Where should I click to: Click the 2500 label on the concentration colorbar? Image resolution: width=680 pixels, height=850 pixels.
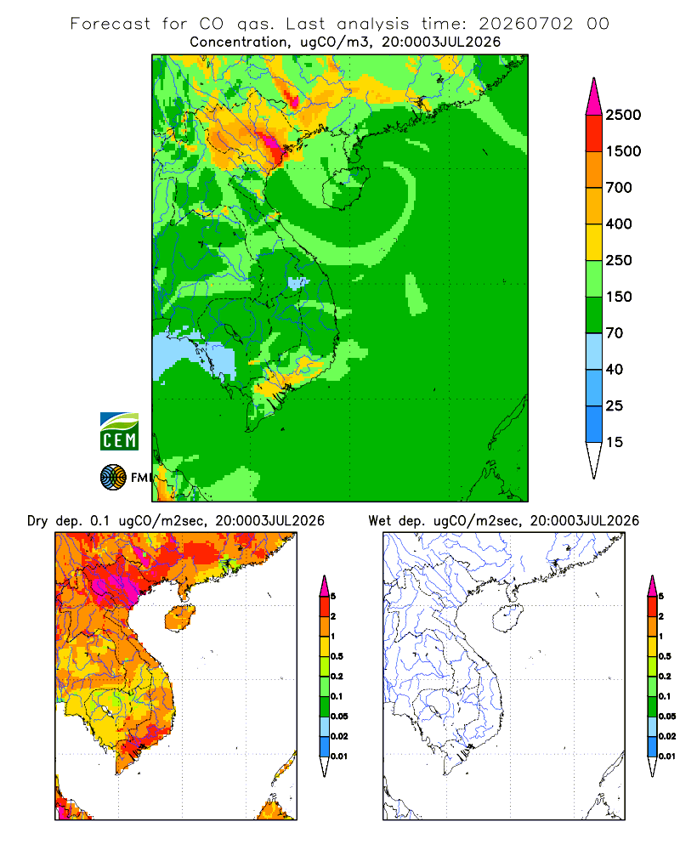[x=623, y=115]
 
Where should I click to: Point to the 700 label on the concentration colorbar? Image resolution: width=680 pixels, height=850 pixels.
[x=619, y=188]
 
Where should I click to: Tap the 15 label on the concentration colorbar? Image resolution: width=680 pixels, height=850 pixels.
[x=615, y=442]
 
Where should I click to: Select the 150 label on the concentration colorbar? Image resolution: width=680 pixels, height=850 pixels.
[x=619, y=297]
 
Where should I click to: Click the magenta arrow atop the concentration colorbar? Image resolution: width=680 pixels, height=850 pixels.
[x=594, y=98]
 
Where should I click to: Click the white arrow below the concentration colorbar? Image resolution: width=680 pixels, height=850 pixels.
[x=594, y=458]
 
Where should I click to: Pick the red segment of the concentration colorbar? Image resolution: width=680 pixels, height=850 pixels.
[x=594, y=133]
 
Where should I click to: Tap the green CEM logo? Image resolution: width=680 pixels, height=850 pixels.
[x=119, y=432]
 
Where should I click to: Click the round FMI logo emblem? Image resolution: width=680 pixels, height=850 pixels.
[x=113, y=478]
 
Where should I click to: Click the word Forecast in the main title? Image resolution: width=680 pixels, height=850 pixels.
[x=110, y=24]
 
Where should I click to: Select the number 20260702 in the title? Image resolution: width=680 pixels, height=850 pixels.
[x=525, y=24]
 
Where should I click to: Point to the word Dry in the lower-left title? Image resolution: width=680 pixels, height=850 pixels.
[x=37, y=521]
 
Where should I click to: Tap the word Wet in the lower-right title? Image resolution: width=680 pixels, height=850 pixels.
[x=379, y=521]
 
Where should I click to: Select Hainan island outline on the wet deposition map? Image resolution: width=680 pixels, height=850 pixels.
[x=508, y=619]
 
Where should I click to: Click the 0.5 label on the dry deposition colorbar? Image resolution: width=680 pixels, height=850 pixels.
[x=337, y=656]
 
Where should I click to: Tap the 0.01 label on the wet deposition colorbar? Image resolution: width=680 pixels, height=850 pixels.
[x=667, y=756]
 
